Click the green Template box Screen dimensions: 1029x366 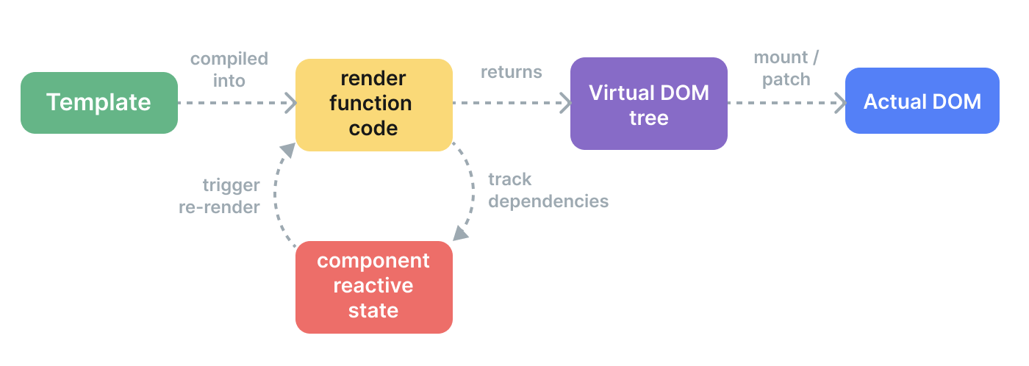99,103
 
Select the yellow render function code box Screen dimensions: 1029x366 374,104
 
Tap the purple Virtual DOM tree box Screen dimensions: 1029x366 648,104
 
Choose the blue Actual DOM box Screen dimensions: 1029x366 922,101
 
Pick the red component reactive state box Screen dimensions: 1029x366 374,287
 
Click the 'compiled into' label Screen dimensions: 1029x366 229,70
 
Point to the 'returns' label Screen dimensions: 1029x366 512,72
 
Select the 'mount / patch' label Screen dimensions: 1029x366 786,68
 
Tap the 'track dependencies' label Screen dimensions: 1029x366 548,190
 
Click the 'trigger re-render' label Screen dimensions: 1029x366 220,196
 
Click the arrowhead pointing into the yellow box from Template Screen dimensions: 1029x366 291,103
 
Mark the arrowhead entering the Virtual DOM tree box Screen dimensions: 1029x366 566,103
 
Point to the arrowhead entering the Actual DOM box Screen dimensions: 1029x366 841,103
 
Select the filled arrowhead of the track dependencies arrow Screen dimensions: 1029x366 460,234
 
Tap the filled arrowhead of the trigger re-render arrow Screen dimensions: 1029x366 288,150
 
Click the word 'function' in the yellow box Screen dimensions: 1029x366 370,104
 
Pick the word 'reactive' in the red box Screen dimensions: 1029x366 373,286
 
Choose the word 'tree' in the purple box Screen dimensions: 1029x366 648,118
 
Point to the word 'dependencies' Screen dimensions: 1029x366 548,201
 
